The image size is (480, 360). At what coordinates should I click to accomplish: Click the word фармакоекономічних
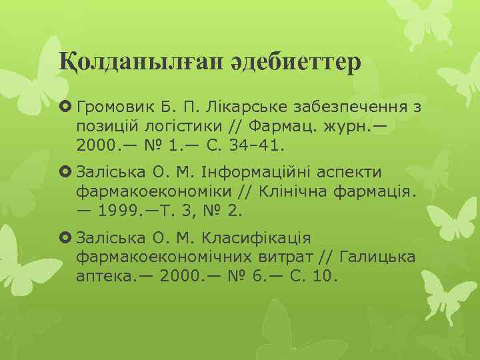click(x=164, y=257)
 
